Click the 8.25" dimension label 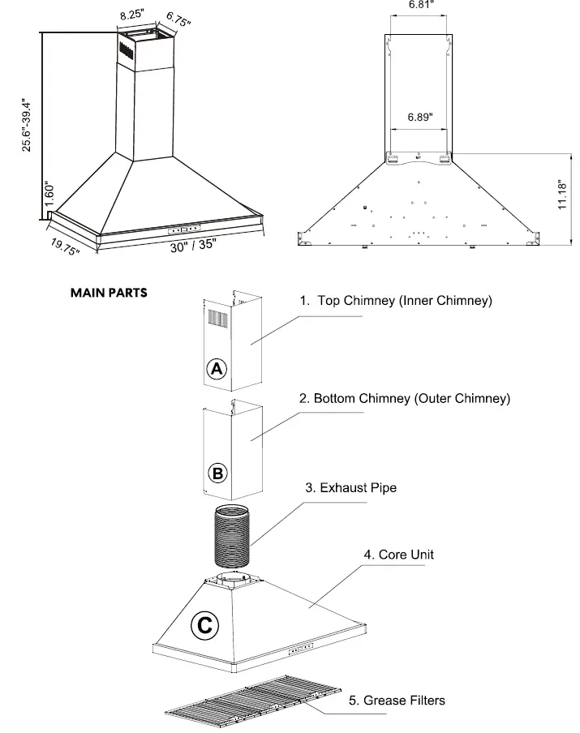pos(132,15)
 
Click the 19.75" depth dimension pos(65,246)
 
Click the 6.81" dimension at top pos(419,5)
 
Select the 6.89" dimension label pos(419,117)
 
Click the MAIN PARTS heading pos(109,293)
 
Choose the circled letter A pos(216,369)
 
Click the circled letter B pos(217,473)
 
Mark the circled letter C pos(204,625)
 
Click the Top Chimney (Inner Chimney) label pos(396,301)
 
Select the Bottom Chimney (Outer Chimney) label pos(404,399)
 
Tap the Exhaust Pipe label pos(350,488)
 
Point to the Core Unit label pos(398,555)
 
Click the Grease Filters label pos(397,700)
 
